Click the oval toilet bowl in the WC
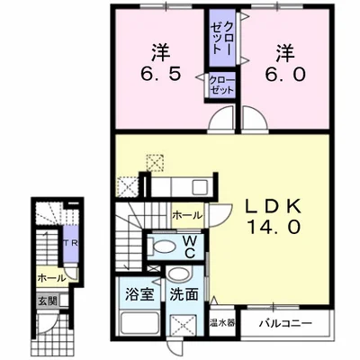click(x=165, y=246)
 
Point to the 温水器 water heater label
click(x=220, y=322)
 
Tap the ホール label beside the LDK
click(x=185, y=215)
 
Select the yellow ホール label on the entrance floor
click(x=50, y=279)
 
